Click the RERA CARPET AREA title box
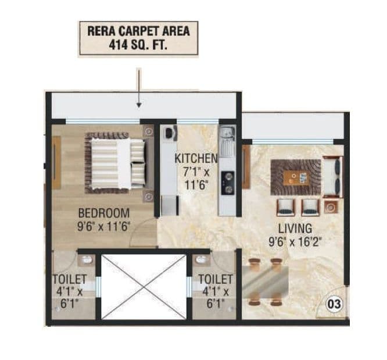(x=138, y=38)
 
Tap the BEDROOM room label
(x=104, y=213)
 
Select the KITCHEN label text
(x=196, y=158)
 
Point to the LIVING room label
(x=295, y=227)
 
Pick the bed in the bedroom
(x=116, y=163)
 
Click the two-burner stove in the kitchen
(x=227, y=181)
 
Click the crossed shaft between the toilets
(x=144, y=286)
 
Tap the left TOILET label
(x=69, y=280)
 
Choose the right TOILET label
(x=216, y=280)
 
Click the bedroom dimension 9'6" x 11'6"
(x=104, y=225)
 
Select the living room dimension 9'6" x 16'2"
(x=295, y=240)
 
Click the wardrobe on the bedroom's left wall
(x=56, y=163)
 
